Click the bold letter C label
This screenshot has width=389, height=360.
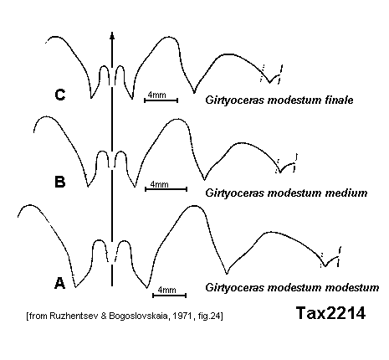pyautogui.click(x=60, y=95)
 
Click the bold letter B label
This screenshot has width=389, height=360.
pyautogui.click(x=60, y=182)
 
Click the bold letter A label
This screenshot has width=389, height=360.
pyautogui.click(x=59, y=283)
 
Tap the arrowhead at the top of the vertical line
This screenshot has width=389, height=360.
pyautogui.click(x=112, y=36)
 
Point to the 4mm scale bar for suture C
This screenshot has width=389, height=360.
pyautogui.click(x=161, y=100)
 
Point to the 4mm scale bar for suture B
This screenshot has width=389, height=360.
pyautogui.click(x=166, y=189)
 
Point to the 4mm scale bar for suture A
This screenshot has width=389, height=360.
pyautogui.click(x=169, y=296)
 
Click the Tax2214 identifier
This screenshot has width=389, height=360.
pyautogui.click(x=330, y=313)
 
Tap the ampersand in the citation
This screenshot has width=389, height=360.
pyautogui.click(x=104, y=316)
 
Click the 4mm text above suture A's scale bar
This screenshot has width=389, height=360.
pyautogui.click(x=166, y=290)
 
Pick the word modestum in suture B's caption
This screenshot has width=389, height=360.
pyautogui.click(x=284, y=193)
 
